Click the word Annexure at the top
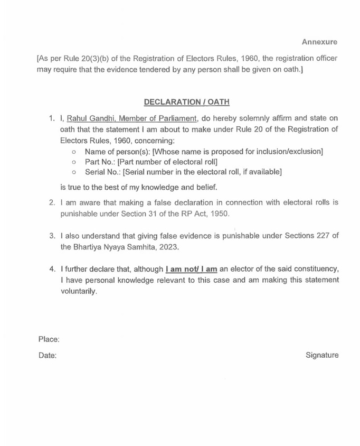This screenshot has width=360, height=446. click(x=319, y=41)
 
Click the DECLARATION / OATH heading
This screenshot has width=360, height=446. click(x=179, y=102)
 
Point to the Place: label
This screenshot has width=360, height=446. click(x=49, y=339)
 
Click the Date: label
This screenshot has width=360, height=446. click(x=47, y=356)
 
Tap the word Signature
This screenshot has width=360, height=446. click(x=322, y=355)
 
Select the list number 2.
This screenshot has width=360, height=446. click(x=52, y=202)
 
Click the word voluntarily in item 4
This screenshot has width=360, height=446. click(x=79, y=291)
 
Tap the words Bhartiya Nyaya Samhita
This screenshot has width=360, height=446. click(x=117, y=247)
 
